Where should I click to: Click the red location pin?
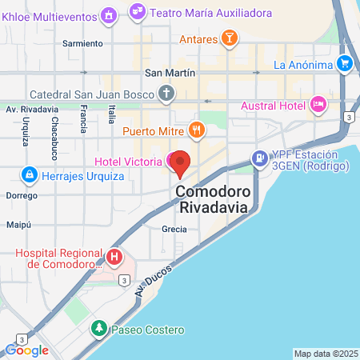click(x=181, y=161)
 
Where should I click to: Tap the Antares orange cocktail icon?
click(x=229, y=38)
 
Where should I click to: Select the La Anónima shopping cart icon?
click(x=344, y=63)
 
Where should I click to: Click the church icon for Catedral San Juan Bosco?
click(x=166, y=93)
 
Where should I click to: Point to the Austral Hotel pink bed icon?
click(x=318, y=104)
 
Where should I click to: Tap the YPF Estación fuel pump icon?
click(x=259, y=158)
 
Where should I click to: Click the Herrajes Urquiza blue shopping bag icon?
click(x=29, y=174)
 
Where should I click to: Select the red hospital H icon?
click(x=114, y=258)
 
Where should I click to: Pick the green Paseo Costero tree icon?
click(x=98, y=329)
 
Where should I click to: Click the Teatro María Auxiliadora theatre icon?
click(x=138, y=11)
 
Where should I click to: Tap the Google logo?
click(x=26, y=349)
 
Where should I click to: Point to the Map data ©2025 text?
click(x=325, y=354)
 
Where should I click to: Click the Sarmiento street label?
click(x=82, y=43)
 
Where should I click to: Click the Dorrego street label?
click(x=21, y=195)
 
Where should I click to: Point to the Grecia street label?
click(x=174, y=229)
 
